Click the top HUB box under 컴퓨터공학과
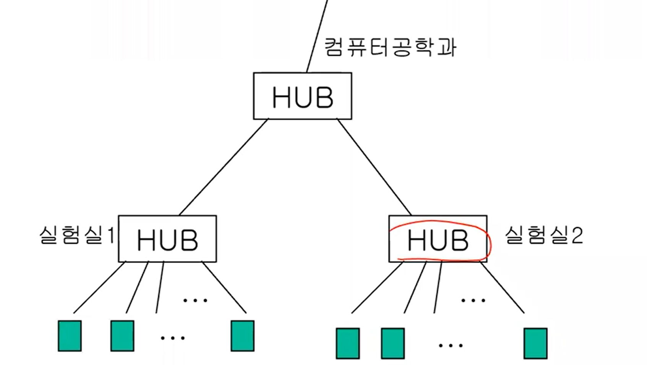coord(302,96)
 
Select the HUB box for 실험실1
coord(167,239)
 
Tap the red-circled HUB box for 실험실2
coord(438,239)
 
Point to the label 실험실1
coord(76,235)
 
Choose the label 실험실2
coord(543,235)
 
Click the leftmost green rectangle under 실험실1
coord(70,336)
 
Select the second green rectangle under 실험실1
coord(122,336)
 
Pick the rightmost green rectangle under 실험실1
coord(242,336)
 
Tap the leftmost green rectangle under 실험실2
coord(347,343)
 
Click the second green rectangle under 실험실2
coord(392,343)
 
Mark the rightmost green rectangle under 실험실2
coord(535,343)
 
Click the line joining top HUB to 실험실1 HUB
coord(224,167)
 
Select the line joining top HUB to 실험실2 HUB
coord(374,167)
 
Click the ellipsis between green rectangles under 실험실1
coord(173,338)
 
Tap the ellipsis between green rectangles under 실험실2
coord(451,346)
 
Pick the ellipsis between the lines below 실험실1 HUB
coord(195,300)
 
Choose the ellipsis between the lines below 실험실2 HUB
coord(473,300)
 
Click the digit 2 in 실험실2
coord(577,235)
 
